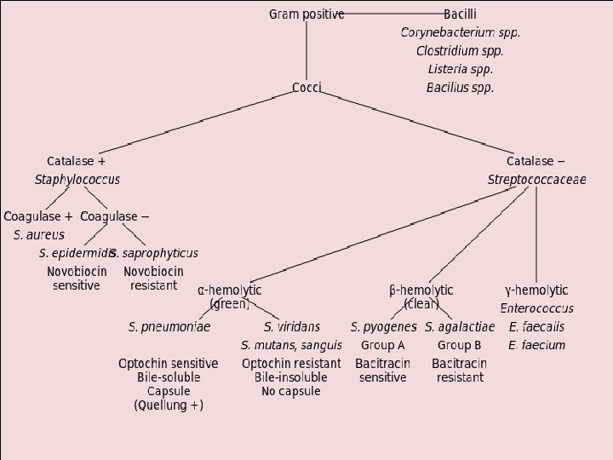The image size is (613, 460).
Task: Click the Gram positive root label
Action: coord(306,14)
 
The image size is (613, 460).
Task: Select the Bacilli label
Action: coord(460,14)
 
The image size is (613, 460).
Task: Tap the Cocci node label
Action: coord(306,88)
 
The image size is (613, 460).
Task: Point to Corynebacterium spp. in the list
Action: coord(460,32)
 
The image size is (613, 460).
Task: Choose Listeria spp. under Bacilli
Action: coord(460,69)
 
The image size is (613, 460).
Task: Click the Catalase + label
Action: coord(77,160)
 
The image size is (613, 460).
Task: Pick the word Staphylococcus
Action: coord(77,180)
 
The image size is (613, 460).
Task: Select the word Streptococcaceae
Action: coord(536,180)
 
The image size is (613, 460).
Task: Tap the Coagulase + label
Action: coord(38,216)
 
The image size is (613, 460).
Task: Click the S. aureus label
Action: coord(38,235)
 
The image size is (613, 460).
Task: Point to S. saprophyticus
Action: coord(155,253)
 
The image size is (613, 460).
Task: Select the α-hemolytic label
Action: coord(230,290)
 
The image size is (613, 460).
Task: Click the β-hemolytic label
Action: coord(421,290)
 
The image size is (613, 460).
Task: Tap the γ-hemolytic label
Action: coord(536,290)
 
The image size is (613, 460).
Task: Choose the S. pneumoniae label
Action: coord(169,327)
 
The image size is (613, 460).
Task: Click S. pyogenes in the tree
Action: coord(383,327)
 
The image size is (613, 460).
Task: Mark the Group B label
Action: coord(460,345)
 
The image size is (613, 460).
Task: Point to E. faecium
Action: coord(536,345)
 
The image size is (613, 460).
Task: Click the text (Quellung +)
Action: coord(169,406)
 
